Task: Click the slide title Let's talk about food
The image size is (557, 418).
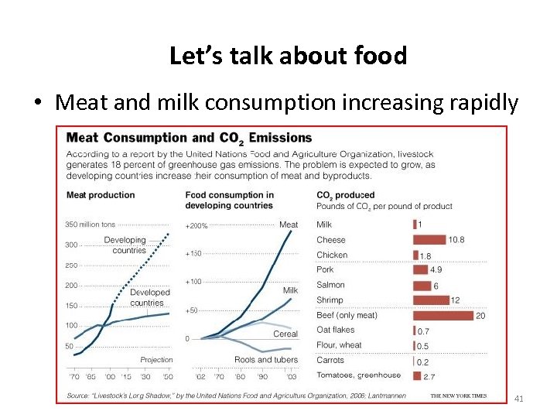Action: click(288, 56)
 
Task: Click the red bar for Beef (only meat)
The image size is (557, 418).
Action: click(443, 315)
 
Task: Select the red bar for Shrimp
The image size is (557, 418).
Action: click(431, 300)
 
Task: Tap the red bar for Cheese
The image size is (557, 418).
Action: click(429, 240)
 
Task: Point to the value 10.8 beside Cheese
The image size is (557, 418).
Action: click(456, 240)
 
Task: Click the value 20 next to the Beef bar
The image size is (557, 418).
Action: click(480, 315)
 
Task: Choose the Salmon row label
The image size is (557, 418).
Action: click(330, 285)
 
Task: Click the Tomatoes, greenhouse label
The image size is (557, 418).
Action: click(359, 375)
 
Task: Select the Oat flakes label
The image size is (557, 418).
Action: click(336, 330)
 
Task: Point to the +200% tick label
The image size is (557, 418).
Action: click(196, 225)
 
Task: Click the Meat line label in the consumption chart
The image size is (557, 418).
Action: click(289, 224)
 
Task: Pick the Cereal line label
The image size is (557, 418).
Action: click(285, 334)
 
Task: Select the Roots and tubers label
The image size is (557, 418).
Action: click(266, 360)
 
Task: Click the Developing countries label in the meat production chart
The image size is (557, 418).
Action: click(125, 245)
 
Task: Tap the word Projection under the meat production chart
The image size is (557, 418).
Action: click(156, 360)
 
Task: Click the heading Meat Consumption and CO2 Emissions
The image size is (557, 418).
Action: click(189, 138)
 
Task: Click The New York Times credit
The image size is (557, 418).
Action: click(459, 396)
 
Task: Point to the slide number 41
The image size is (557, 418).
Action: click(519, 399)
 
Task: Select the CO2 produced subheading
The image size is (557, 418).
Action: click(345, 195)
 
